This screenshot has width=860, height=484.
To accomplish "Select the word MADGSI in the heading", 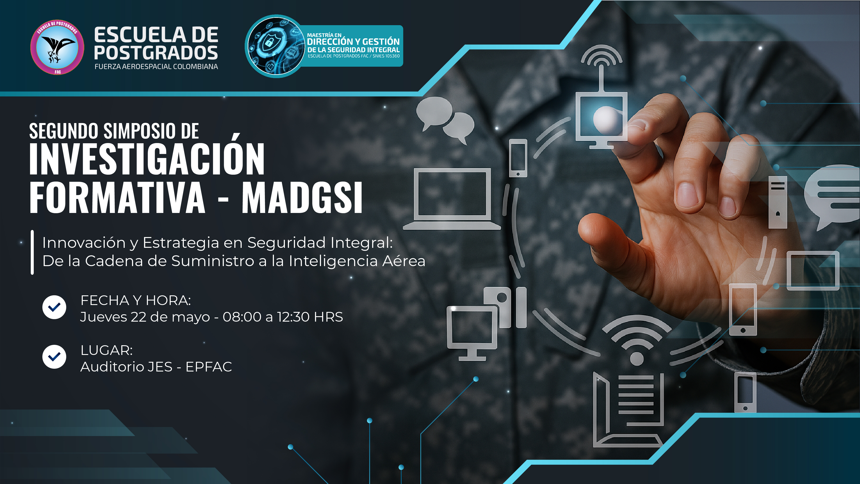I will (x=302, y=198).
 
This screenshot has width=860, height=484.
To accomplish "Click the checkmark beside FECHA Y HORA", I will (x=54, y=307).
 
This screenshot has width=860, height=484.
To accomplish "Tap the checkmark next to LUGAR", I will (x=54, y=357).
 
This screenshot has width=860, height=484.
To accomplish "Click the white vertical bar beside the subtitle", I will (x=32, y=252).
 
